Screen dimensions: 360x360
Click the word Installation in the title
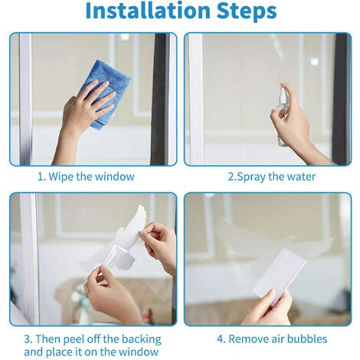point(148,10)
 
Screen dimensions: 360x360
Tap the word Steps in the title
point(247,11)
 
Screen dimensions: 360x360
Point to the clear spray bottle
point(283,114)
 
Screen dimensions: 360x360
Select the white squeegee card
point(280,273)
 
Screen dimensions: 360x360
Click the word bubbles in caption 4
point(307,339)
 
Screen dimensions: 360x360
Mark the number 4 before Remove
point(221,339)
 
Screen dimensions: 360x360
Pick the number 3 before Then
point(28,339)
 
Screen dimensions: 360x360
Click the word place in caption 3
point(58,352)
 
